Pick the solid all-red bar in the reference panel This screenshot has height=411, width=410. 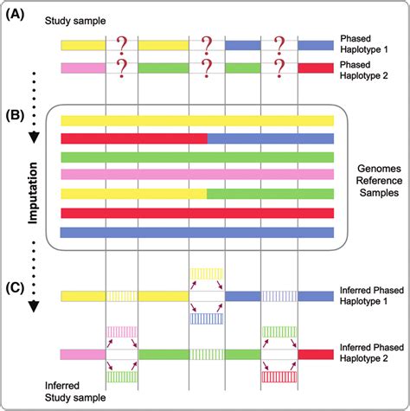tap(197, 213)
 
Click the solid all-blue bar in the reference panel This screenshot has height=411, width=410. tap(197, 232)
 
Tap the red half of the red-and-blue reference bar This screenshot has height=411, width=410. tap(134, 138)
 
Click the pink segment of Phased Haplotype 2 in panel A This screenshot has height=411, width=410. tap(83, 67)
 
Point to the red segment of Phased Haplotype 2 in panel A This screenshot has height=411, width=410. tap(316, 67)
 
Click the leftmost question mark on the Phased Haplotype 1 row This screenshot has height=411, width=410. tap(122, 43)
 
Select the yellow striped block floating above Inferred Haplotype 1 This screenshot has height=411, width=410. tap(207, 273)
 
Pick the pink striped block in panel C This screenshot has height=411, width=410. tap(122, 331)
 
